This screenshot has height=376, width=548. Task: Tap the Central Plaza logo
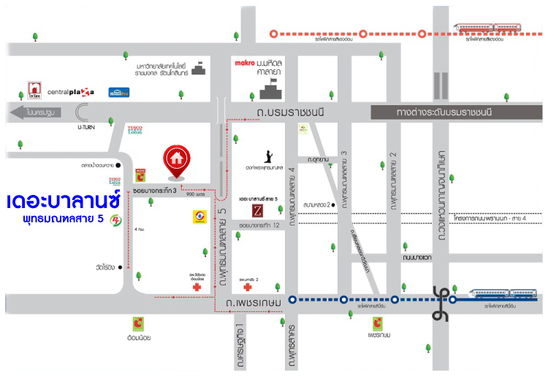coord(71,93)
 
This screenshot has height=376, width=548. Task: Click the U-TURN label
coord(88,127)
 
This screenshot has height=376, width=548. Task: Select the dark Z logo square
coord(257,210)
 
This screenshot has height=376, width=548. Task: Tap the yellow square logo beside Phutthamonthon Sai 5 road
coord(199,216)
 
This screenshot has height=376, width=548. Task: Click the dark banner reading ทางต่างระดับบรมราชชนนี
coord(454,112)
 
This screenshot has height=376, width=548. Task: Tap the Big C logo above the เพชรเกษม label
coord(378,322)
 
